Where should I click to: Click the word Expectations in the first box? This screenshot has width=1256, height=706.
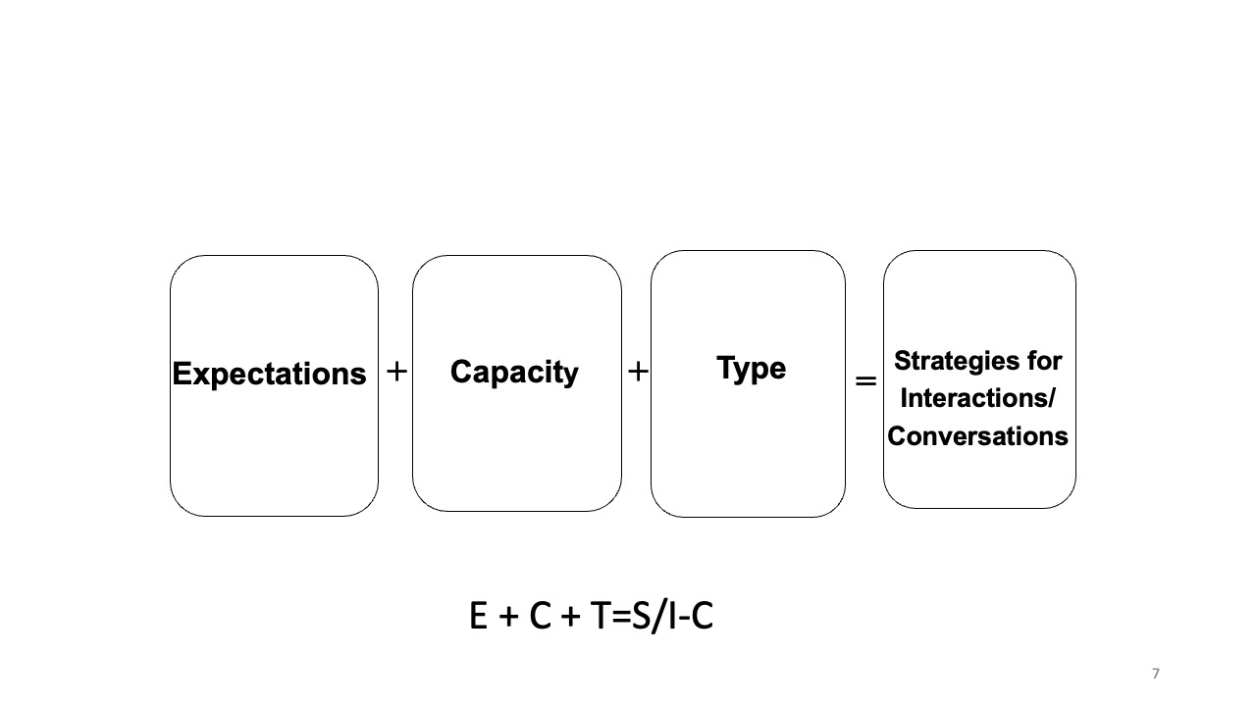pos(269,374)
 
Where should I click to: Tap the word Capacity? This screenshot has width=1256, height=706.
pos(514,373)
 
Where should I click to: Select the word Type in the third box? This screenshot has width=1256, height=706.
pos(751,369)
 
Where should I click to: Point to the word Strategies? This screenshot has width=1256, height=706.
pos(951,361)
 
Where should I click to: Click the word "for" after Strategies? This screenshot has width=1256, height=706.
pos(1043,361)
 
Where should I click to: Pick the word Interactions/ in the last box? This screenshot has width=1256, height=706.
pos(977,398)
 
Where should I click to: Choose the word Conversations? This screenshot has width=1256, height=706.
pos(977,435)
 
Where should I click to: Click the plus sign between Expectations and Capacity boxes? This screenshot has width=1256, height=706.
pos(396,372)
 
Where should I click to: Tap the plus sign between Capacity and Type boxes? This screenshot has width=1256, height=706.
pos(638,372)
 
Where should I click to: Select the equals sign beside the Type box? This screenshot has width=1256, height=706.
pos(865,380)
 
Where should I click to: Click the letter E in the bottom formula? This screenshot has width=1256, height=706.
pos(479,617)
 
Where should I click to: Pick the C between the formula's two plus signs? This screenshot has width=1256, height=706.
pos(540,617)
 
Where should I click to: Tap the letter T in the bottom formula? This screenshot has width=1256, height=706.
pos(602,617)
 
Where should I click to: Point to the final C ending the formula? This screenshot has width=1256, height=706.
pos(702,617)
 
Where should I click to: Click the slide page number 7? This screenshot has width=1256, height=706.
pos(1155,674)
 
